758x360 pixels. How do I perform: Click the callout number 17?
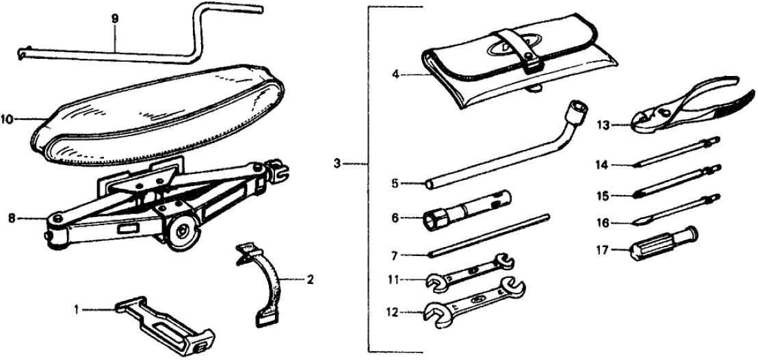pyautogui.click(x=602, y=250)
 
